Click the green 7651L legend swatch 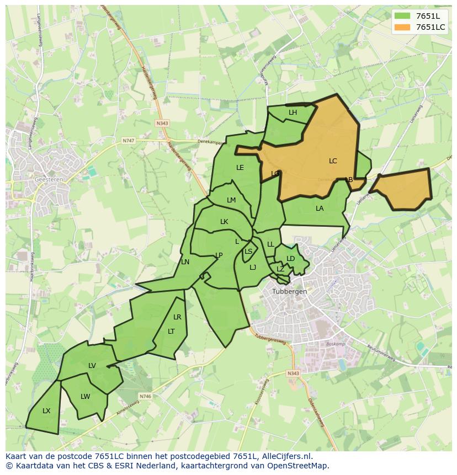(403, 16)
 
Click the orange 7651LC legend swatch (403, 27)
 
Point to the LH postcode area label (293, 113)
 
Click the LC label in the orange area (333, 161)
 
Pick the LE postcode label (240, 168)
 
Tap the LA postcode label (320, 209)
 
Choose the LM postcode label (231, 200)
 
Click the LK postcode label (224, 222)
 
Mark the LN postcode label (185, 262)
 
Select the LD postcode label (291, 259)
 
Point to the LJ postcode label (253, 268)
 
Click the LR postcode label (177, 317)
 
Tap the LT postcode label (171, 332)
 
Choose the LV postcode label (92, 366)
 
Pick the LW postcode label (85, 397)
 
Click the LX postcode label (46, 411)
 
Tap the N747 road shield (128, 141)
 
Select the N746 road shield (145, 396)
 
